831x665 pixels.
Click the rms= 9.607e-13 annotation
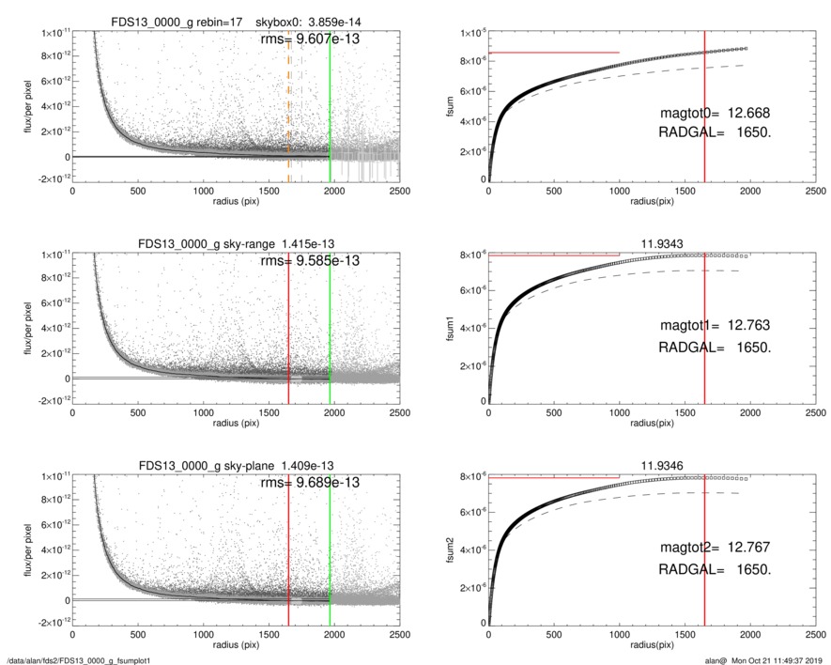tap(309, 39)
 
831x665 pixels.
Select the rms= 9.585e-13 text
tap(309, 261)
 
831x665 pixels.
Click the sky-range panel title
tap(228, 243)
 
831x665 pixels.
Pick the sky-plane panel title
tap(228, 465)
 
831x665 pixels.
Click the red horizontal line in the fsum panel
tap(554, 53)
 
